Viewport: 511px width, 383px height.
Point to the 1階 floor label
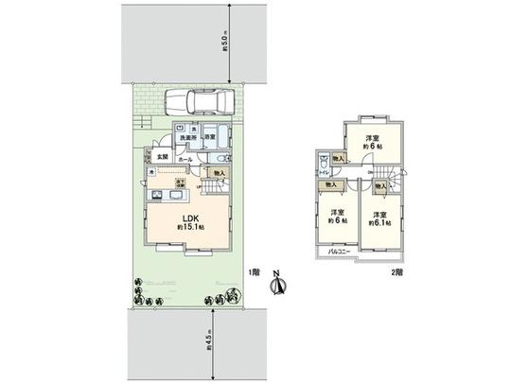pos(255,271)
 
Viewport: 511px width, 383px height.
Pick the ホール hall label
pos(185,160)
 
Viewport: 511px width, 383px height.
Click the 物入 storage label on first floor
pos(218,174)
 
